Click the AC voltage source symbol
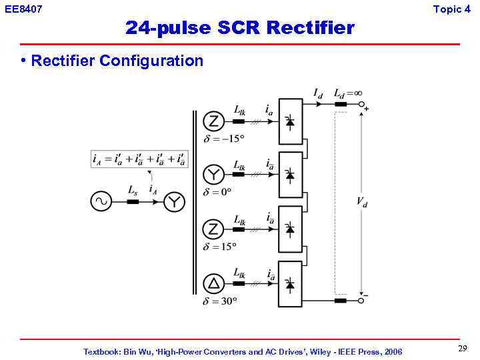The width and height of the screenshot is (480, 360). point(101,201)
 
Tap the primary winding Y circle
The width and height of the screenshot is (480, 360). point(174,201)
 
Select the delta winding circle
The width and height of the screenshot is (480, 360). point(213,284)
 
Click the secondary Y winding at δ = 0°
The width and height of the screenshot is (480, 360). point(213,175)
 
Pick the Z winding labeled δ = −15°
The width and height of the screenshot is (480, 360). point(213,122)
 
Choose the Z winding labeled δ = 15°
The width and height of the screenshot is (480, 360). point(213,229)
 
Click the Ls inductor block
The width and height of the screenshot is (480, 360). point(133,201)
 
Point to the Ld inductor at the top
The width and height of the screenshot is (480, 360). point(341,104)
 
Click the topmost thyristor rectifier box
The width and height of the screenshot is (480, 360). point(290,121)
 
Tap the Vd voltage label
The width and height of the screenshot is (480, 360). point(361,202)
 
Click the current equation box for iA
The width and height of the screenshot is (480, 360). point(139,159)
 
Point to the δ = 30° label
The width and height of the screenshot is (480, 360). point(220,301)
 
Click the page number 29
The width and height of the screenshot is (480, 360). point(462,349)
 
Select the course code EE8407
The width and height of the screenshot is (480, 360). point(23,9)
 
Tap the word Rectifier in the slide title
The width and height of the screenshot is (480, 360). point(311,28)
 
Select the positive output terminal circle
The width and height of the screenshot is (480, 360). point(362,105)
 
